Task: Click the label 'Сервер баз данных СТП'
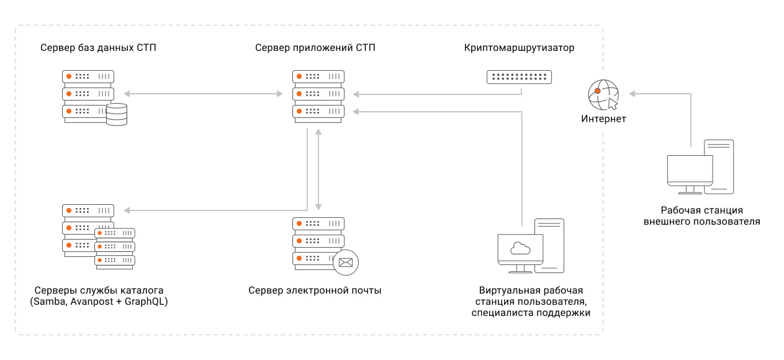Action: coord(98,48)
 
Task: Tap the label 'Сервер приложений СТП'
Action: coord(315,48)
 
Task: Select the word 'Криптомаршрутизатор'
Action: coord(519,48)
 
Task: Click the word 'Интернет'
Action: coord(603,119)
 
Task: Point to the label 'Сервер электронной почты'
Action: coord(315,290)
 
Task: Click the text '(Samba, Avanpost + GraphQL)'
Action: coord(99,302)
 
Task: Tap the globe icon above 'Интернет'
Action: coord(602,93)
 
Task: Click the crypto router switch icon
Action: coord(519,77)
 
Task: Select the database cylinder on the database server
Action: coord(116,114)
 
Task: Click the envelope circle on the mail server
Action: coord(346,262)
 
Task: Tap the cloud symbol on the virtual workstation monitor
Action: coord(520,249)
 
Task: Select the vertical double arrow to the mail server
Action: coord(318,169)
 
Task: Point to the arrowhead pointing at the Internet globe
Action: coord(633,94)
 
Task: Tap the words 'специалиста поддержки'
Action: coord(531,313)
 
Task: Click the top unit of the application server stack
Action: coord(318,76)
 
